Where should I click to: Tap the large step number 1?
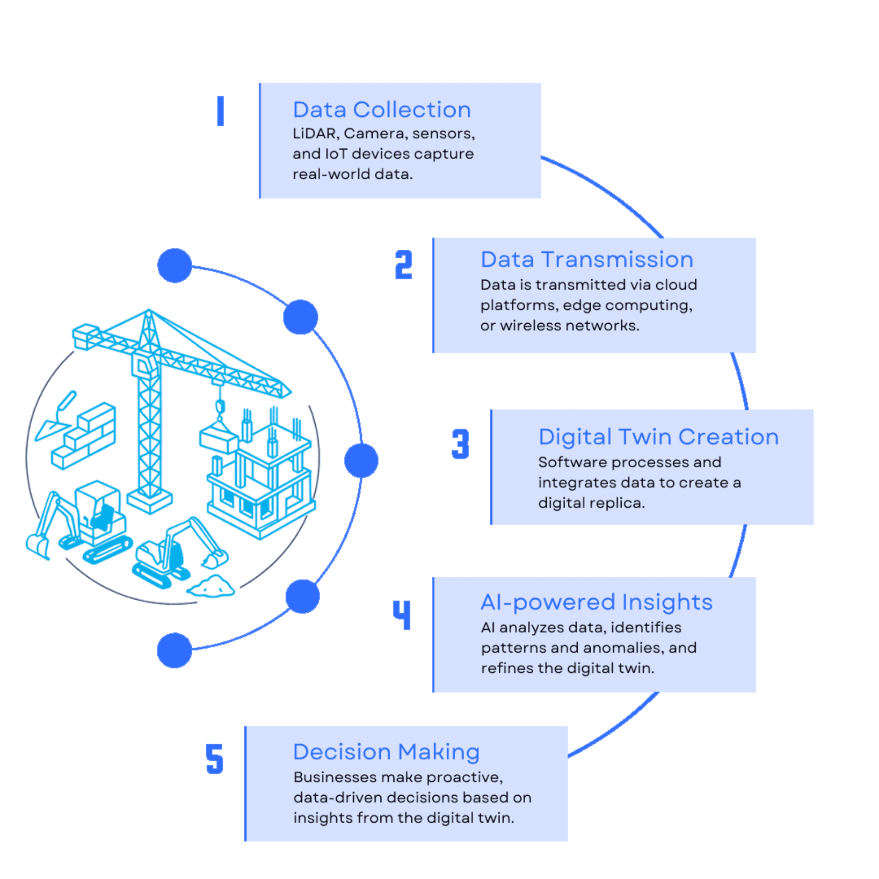pyautogui.click(x=221, y=111)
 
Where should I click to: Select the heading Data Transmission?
pyautogui.click(x=587, y=259)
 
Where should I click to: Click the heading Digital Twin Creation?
pyautogui.click(x=658, y=437)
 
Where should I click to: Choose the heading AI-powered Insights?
pyautogui.click(x=596, y=602)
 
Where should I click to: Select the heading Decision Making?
pyautogui.click(x=386, y=752)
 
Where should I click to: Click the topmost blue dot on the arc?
pyautogui.click(x=175, y=266)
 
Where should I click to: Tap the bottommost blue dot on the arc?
pyautogui.click(x=174, y=650)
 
